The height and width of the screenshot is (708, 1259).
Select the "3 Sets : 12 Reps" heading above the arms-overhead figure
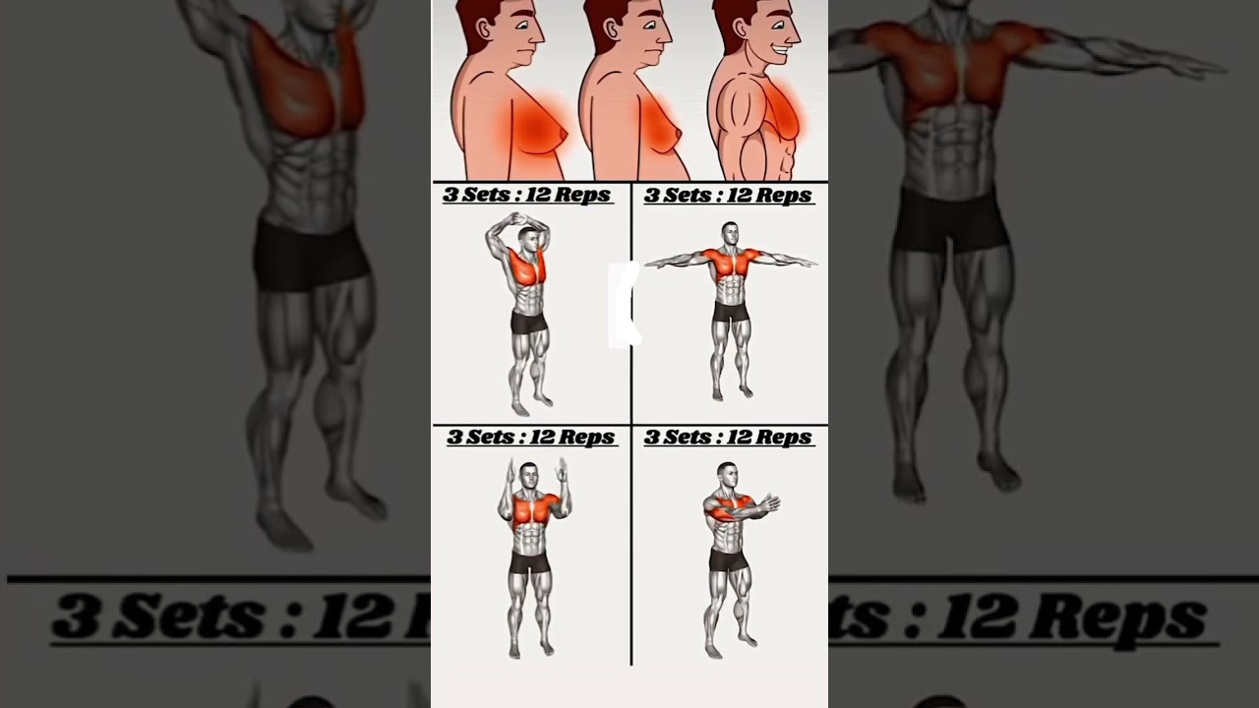pyautogui.click(x=527, y=195)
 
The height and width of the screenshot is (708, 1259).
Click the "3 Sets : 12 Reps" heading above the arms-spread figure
pyautogui.click(x=729, y=196)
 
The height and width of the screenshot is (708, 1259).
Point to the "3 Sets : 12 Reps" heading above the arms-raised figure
pyautogui.click(x=532, y=437)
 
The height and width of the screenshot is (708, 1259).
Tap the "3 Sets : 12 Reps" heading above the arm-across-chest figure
pyautogui.click(x=729, y=437)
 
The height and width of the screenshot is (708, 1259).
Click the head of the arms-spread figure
pyautogui.click(x=728, y=233)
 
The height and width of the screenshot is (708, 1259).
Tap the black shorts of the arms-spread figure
pyautogui.click(x=729, y=312)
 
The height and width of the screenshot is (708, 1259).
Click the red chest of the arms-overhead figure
pyautogui.click(x=528, y=267)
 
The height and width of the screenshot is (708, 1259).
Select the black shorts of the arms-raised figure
pyautogui.click(x=529, y=562)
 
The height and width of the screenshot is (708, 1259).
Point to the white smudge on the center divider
pyautogui.click(x=624, y=305)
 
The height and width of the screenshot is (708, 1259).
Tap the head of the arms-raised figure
pyautogui.click(x=529, y=474)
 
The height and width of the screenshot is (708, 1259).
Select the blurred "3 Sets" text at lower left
pyautogui.click(x=157, y=617)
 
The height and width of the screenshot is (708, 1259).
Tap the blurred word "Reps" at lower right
pyautogui.click(x=1141, y=617)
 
